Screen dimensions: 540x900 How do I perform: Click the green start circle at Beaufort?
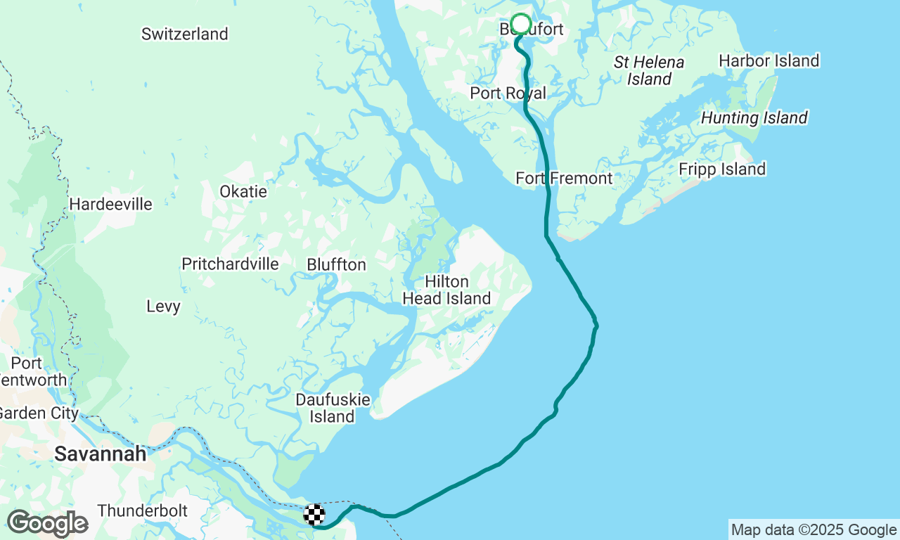pyautogui.click(x=520, y=24)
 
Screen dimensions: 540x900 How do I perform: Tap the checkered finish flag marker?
pyautogui.click(x=314, y=515)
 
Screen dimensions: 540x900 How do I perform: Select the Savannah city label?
pyautogui.click(x=101, y=454)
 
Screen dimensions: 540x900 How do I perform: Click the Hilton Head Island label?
pyautogui.click(x=446, y=290)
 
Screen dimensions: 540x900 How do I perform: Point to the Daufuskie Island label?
pyautogui.click(x=333, y=409)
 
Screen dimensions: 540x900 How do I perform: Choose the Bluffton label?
pyautogui.click(x=337, y=265)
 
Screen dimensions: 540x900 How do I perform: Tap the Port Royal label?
pyautogui.click(x=508, y=94)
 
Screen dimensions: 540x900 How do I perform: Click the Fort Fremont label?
pyautogui.click(x=564, y=179)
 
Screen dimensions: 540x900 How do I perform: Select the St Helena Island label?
pyautogui.click(x=649, y=71)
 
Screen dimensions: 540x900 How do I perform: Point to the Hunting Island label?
pyautogui.click(x=754, y=118)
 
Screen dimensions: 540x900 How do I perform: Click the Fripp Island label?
pyautogui.click(x=722, y=169)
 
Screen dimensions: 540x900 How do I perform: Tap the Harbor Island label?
pyautogui.click(x=769, y=61)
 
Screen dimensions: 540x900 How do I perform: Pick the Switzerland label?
pyautogui.click(x=185, y=34)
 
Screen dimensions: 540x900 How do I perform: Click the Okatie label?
pyautogui.click(x=243, y=192)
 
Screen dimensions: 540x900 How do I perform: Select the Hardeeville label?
pyautogui.click(x=111, y=205)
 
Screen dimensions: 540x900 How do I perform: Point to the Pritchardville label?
pyautogui.click(x=231, y=264)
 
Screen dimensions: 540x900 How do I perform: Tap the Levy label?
pyautogui.click(x=164, y=307)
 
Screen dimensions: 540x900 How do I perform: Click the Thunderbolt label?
pyautogui.click(x=143, y=510)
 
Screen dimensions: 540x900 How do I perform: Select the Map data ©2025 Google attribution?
pyautogui.click(x=814, y=530)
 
